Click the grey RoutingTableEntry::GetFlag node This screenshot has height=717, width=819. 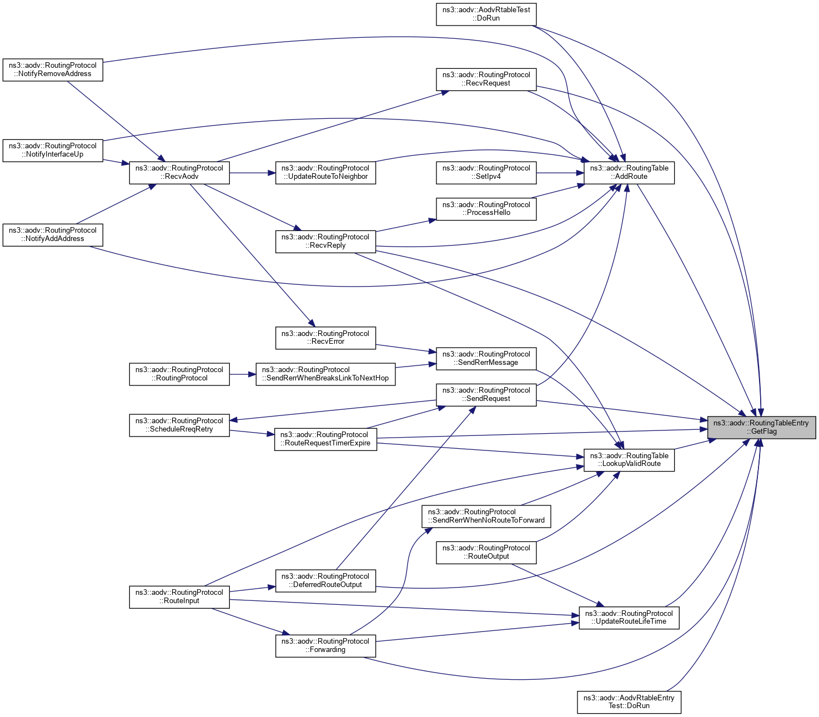point(761,427)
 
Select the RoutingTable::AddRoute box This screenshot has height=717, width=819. point(629,172)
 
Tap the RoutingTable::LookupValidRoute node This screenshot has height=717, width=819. point(629,460)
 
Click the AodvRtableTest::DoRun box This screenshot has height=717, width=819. point(486,14)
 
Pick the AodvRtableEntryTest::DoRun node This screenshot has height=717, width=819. point(629,702)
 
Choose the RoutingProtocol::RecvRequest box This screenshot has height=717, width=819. point(486,79)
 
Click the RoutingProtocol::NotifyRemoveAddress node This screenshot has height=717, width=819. point(53,69)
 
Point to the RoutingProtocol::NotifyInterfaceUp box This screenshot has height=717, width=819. point(53,150)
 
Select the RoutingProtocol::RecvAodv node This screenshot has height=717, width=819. point(179,172)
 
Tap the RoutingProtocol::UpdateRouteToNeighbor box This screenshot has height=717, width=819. point(325,172)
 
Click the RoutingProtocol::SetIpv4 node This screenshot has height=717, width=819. point(486,172)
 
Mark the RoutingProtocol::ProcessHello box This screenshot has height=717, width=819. point(486,209)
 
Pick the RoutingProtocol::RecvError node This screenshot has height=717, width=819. point(325,338)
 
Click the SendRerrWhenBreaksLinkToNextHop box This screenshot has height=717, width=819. point(325,374)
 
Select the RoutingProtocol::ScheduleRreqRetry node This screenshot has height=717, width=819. point(179,425)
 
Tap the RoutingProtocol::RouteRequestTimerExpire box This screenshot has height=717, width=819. point(325,439)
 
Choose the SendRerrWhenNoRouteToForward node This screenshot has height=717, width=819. point(486,516)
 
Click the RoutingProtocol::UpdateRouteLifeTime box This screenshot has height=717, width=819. point(629,618)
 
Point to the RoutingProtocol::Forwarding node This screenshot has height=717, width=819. point(325,645)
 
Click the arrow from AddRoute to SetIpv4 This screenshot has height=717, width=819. point(560,173)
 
